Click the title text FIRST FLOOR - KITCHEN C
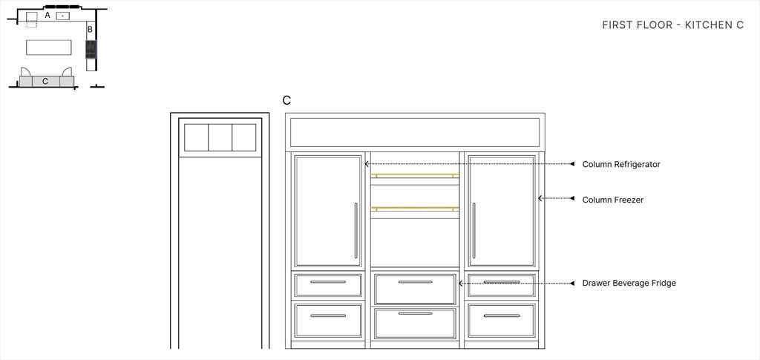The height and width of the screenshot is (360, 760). pos(672,25)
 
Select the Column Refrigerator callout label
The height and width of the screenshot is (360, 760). pos(621,164)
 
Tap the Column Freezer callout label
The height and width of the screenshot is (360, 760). pos(612,200)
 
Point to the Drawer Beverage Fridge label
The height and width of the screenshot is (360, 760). pos(629,283)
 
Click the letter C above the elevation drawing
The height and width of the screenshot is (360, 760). pos(287,100)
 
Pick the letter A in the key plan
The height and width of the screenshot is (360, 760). pos(47,16)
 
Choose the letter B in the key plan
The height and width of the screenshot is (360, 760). pos(90,30)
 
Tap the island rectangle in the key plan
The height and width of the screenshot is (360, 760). pos(48,48)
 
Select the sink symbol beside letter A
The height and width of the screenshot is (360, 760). pos(62,16)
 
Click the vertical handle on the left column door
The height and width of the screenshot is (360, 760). pos(356,231)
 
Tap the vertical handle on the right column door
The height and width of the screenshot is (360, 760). pos(474,231)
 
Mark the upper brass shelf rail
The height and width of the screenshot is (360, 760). pos(414,175)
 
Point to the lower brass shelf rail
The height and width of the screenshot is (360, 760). pos(414,209)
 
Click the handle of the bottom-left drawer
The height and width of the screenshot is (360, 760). pos(328,316)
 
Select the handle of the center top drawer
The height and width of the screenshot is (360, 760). pos(415,282)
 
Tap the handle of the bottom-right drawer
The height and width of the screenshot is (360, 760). pos(502,316)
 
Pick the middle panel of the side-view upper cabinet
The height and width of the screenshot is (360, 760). pos(220,137)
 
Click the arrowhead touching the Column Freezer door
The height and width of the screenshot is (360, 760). pos(540,198)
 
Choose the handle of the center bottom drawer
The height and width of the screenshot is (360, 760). pos(415,313)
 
